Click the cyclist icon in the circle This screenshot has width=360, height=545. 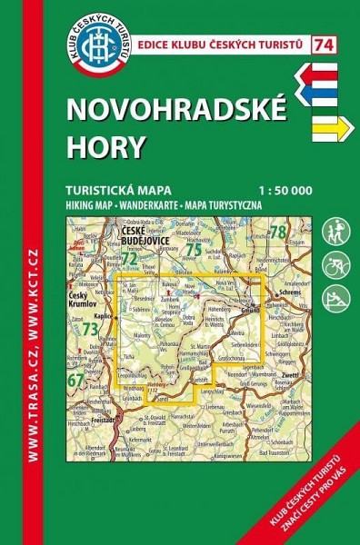coord(335,264)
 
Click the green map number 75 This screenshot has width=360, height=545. coord(192,250)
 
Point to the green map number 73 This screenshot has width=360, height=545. coord(90,330)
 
